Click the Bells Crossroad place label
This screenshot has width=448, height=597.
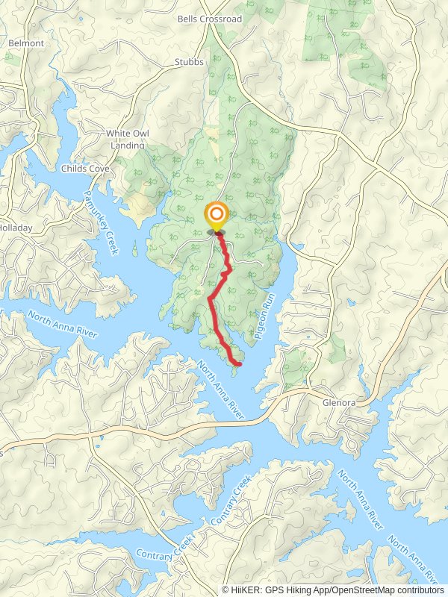pyautogui.click(x=210, y=19)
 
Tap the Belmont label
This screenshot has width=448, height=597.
pyautogui.click(x=26, y=43)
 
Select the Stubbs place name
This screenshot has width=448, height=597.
pyautogui.click(x=189, y=62)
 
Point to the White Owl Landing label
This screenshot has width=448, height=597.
pyautogui.click(x=128, y=140)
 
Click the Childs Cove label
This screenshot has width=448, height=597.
pyautogui.click(x=86, y=169)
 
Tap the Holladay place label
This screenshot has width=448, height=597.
pyautogui.click(x=13, y=227)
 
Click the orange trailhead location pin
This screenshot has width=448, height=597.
pyautogui.click(x=217, y=217)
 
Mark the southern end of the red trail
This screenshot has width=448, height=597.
pyautogui.click(x=240, y=364)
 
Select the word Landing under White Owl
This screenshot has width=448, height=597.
pyautogui.click(x=128, y=146)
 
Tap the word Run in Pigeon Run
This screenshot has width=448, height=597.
pyautogui.click(x=272, y=301)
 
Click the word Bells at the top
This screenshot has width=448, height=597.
pyautogui.click(x=187, y=19)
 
